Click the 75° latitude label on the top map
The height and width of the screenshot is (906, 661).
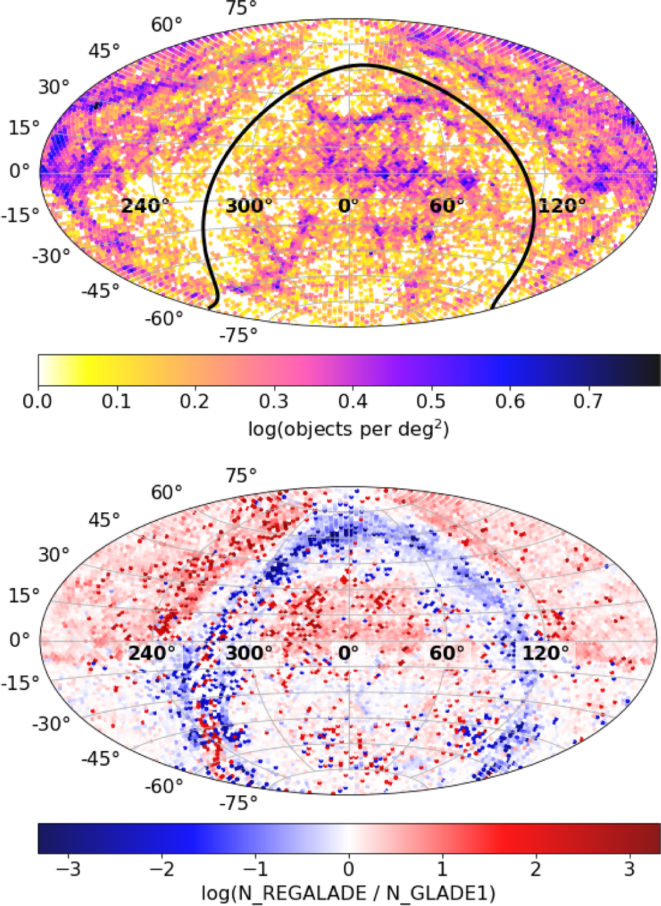241,8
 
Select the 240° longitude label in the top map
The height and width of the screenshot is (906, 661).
145,206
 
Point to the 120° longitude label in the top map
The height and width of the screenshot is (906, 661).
562,206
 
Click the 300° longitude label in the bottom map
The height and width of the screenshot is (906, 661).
249,653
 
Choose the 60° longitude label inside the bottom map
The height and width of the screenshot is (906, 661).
447,653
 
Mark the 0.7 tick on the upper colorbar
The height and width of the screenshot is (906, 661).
588,401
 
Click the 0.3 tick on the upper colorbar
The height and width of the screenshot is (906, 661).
274,401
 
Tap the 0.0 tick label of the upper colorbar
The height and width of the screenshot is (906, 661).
38,401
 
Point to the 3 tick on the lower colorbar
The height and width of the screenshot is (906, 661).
630,869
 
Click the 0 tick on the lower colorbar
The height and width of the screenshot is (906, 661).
349,869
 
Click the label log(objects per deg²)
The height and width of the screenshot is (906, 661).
349,428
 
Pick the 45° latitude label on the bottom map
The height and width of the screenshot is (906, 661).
104,519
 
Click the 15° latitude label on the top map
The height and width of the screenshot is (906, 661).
24,128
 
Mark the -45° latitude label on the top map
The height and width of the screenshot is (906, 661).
100,291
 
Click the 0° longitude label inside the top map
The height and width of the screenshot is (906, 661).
348,206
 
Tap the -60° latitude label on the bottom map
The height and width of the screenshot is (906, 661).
164,786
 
